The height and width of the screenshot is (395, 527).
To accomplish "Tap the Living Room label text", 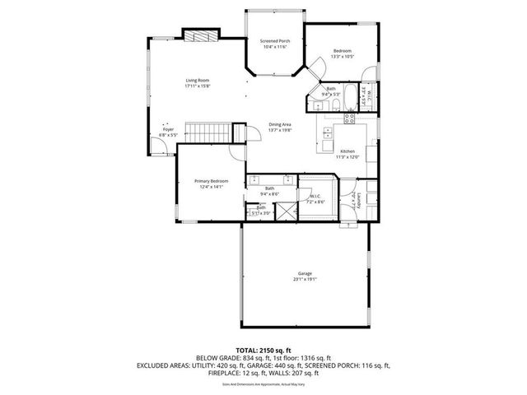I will [197, 80].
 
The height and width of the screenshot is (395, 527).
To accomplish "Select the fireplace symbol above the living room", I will [200, 35].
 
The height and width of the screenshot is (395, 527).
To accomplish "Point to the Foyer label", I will [168, 129].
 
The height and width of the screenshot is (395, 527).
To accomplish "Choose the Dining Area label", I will [281, 124].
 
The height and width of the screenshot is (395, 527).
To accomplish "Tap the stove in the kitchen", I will [349, 117].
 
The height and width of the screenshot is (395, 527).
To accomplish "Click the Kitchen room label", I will [348, 151].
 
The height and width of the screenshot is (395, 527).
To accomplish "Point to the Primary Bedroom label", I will [211, 181].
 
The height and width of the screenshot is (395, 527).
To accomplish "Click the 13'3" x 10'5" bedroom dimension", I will [343, 56].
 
